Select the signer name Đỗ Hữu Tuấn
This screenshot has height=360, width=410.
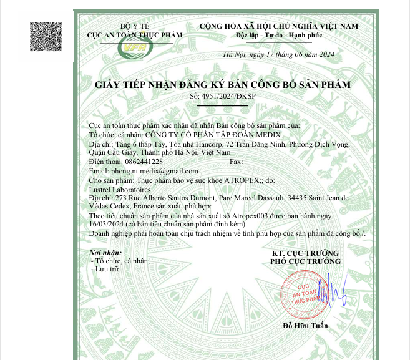click(305, 326)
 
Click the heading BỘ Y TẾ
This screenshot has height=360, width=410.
click(135, 26)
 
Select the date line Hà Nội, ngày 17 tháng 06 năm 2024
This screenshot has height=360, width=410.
click(279, 55)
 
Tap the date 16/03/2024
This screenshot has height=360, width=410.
click(106, 223)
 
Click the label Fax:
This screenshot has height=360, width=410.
click(237, 161)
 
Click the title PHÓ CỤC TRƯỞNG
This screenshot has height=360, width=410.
click(305, 261)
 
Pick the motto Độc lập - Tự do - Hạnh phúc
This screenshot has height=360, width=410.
click(278, 36)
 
